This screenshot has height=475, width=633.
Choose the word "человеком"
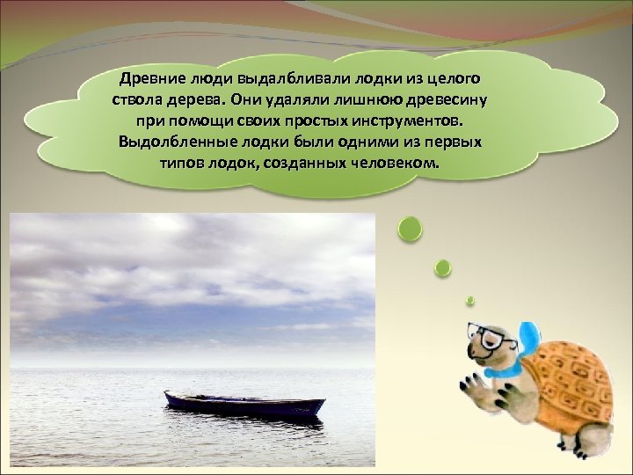click(x=393, y=162)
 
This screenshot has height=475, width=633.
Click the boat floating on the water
click(x=244, y=405)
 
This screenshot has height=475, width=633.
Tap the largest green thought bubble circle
click(x=410, y=230)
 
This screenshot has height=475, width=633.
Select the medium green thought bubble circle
click(x=444, y=267)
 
